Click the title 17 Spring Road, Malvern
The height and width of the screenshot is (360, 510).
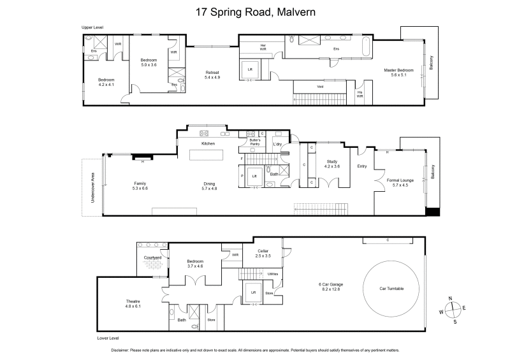[x=254, y=11]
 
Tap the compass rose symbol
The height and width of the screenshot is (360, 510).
[x=452, y=309]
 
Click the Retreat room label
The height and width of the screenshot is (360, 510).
[x=212, y=72]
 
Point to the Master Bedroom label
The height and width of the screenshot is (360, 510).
[x=398, y=70]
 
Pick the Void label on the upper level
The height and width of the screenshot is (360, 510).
[x=319, y=87]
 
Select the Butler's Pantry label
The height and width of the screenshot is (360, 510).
[x=255, y=142]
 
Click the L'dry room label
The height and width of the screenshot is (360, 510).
[x=277, y=144]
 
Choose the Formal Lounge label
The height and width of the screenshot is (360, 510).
[x=400, y=180]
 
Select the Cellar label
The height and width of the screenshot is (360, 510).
[x=263, y=251]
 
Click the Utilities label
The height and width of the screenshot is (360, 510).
[x=273, y=273]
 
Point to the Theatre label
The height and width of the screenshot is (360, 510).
[x=133, y=301]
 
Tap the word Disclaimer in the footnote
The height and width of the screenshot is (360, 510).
[x=120, y=350]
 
